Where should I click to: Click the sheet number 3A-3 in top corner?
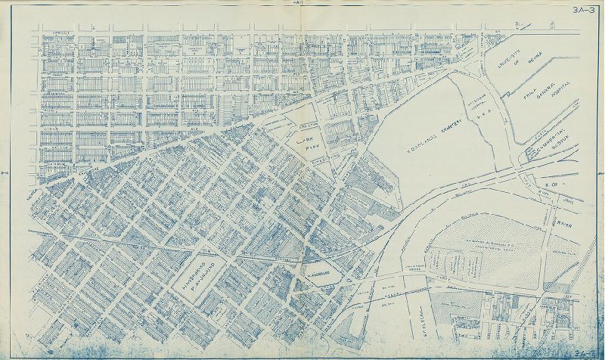coord(582,10)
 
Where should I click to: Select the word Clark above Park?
coord(303,139)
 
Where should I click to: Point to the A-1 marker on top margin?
coord(298,5)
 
